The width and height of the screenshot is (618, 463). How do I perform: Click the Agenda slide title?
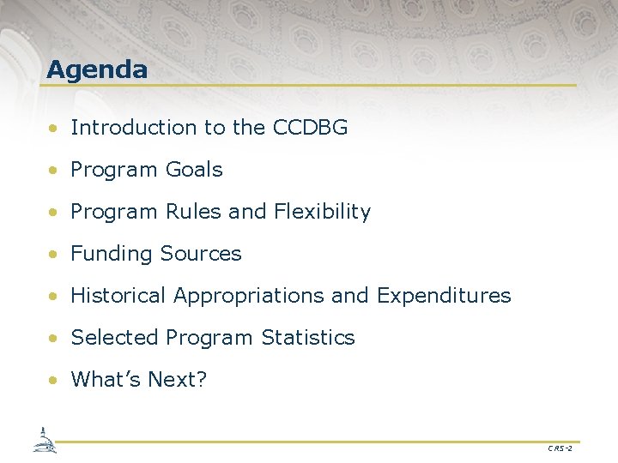click(x=97, y=69)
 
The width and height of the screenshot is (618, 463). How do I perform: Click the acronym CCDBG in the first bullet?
click(x=310, y=128)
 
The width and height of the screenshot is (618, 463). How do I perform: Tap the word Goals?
click(x=194, y=170)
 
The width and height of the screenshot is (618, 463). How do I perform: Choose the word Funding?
click(x=107, y=254)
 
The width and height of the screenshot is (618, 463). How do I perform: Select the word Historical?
click(x=118, y=296)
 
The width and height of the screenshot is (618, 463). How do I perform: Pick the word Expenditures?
click(x=444, y=296)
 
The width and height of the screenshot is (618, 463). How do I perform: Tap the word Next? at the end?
click(x=178, y=379)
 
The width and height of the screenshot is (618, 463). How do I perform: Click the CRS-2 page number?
click(x=559, y=448)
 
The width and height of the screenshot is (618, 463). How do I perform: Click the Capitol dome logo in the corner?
click(x=43, y=440)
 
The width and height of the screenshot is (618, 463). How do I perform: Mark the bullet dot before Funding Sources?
click(x=54, y=255)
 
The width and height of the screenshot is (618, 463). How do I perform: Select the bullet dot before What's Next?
click(x=54, y=381)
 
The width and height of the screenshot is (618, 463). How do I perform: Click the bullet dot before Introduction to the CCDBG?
click(x=54, y=129)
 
